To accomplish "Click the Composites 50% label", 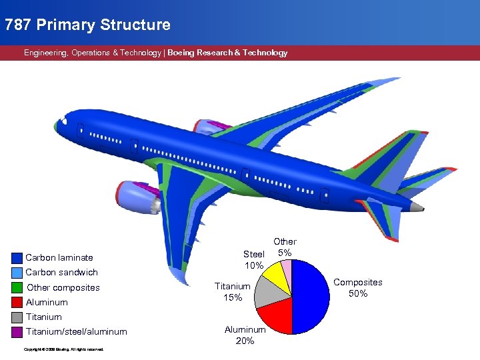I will point(358,288).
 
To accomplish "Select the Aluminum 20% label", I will point(245,335).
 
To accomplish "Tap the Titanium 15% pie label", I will point(233,291).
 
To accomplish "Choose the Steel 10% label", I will point(254,259).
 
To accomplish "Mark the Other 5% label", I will point(285,247).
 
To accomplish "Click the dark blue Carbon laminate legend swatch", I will point(17,258).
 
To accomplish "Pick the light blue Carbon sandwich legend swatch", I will point(17,273).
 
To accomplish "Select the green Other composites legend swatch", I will point(17,288).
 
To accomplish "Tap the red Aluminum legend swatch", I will point(17,303).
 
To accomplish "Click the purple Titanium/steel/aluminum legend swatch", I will point(17,332).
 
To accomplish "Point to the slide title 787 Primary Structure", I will point(87,25).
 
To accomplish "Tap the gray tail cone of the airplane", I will point(417,207).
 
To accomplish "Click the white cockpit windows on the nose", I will point(63,122).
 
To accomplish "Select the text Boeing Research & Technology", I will point(227,53).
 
